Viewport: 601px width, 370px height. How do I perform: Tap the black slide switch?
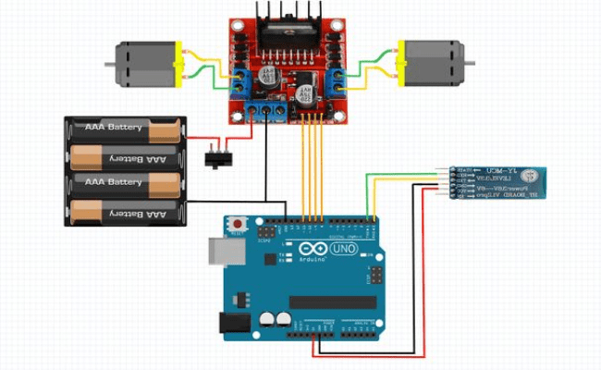pos(216,157)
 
